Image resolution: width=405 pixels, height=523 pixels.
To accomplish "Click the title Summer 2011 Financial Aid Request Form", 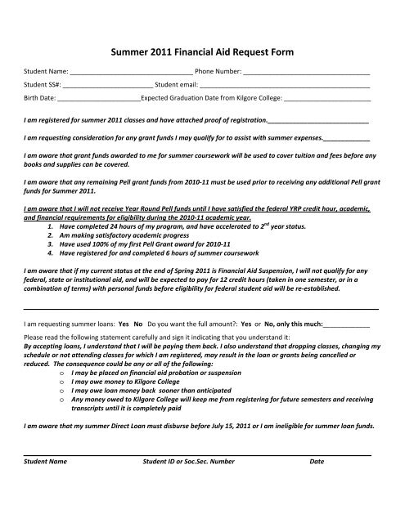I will (x=202, y=51).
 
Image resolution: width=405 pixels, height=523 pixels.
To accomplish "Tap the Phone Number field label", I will (x=218, y=71).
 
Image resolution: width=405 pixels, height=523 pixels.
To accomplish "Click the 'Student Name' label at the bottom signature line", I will (x=46, y=462).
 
